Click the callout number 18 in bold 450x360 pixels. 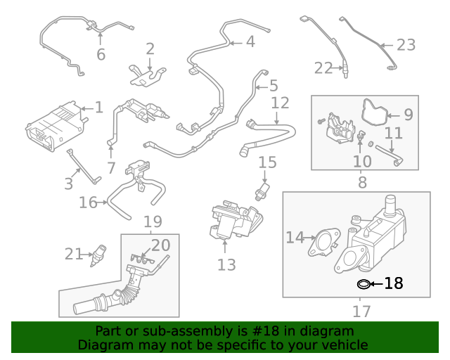pyautogui.click(x=394, y=283)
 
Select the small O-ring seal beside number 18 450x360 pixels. pyautogui.click(x=364, y=284)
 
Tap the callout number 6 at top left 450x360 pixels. pyautogui.click(x=101, y=54)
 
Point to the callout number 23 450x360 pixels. pyautogui.click(x=406, y=45)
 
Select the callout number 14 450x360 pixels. pyautogui.click(x=295, y=238)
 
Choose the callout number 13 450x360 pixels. pyautogui.click(x=226, y=265)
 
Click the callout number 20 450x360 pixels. pyautogui.click(x=161, y=245)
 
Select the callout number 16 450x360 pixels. pyautogui.click(x=88, y=203)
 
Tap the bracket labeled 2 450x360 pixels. pyautogui.click(x=146, y=75)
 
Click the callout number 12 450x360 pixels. pyautogui.click(x=280, y=103)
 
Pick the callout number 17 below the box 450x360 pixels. pyautogui.click(x=361, y=310)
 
